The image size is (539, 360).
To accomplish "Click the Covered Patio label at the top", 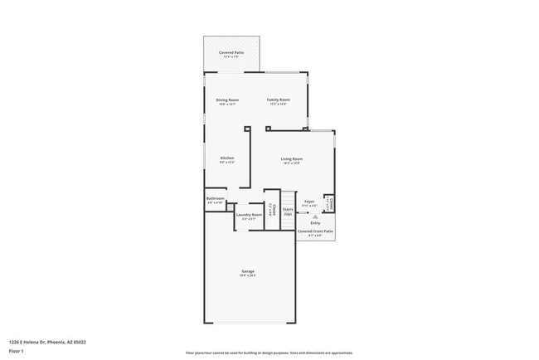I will [231, 52].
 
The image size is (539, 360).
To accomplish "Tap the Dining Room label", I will [227, 100].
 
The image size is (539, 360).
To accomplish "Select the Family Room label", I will [279, 100].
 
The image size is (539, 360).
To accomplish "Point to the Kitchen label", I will [227, 158].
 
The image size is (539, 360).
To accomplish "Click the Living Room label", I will [291, 158].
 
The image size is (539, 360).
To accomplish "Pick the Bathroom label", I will [216, 198].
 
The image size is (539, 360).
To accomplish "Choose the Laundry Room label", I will [249, 214].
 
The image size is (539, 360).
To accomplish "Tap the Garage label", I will [248, 271].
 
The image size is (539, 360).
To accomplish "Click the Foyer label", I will [309, 201].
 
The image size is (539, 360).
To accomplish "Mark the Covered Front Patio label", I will [315, 231].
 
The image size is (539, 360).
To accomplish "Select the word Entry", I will [315, 223].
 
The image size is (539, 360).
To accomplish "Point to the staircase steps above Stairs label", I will [289, 199].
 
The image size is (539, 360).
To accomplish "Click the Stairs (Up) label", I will [289, 212].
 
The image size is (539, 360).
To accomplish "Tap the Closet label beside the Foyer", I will [330, 202].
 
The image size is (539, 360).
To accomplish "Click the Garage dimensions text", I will [248, 275].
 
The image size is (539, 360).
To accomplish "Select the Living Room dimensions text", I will [291, 163].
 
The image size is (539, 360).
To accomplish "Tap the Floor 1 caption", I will [17, 351].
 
